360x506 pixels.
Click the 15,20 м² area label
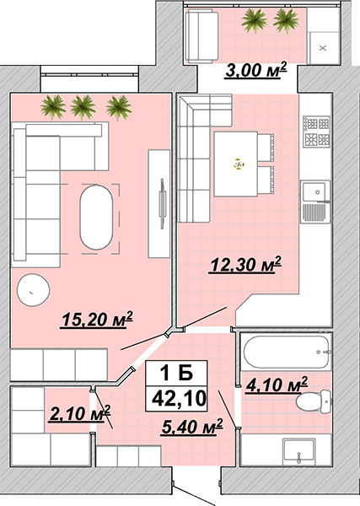tap(97, 320)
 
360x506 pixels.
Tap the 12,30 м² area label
tap(245, 265)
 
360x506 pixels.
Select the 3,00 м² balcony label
tap(255, 70)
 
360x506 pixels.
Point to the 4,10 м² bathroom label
tap(277, 385)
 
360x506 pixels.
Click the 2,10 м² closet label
tap(80, 413)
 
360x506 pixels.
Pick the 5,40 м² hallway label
tap(192, 427)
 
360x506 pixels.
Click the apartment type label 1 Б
tap(176, 373)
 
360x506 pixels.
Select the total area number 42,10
tap(179, 399)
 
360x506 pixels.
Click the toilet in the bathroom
tap(314, 401)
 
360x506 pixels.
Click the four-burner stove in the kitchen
tap(316, 132)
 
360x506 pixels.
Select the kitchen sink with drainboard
tap(316, 202)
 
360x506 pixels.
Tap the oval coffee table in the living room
tap(96, 217)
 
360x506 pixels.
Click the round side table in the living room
tap(33, 290)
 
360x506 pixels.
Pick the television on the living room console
tap(162, 204)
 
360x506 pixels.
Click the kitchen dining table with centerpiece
tap(236, 164)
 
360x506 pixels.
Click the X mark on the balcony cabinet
tap(323, 48)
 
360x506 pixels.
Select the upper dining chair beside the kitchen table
tap(266, 148)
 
